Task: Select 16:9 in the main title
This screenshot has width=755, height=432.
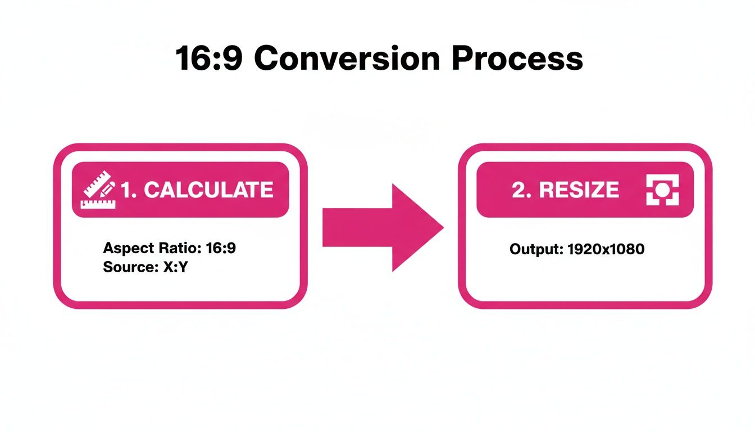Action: (210, 58)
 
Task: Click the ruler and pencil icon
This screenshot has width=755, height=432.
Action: (99, 190)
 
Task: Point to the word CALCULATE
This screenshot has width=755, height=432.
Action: (208, 190)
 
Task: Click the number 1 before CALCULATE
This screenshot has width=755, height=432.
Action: (127, 190)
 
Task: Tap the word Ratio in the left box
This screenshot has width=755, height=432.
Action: (169, 249)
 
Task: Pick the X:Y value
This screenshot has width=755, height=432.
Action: (175, 267)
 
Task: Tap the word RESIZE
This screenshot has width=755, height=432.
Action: (579, 190)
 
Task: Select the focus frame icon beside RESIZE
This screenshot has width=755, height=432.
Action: (662, 190)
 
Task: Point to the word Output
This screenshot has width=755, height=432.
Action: (534, 249)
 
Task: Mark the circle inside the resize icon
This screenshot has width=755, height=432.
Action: (662, 189)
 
